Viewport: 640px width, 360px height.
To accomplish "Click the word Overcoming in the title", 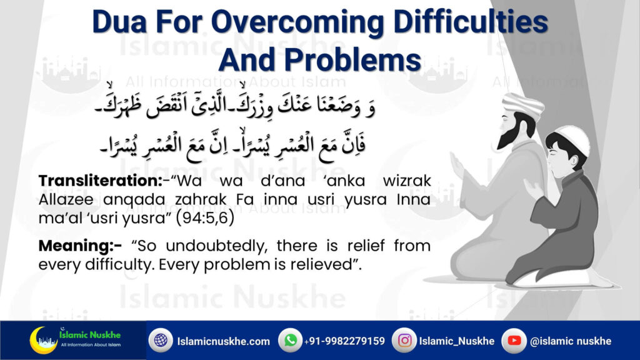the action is [x=297, y=22].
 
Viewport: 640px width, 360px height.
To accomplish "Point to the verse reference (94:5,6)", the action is [x=205, y=218].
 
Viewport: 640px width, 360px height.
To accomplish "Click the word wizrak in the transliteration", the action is [x=407, y=181].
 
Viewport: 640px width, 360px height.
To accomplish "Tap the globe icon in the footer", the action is [x=161, y=341].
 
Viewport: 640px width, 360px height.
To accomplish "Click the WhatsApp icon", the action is [x=290, y=341].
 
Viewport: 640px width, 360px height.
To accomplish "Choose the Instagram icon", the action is [x=404, y=341].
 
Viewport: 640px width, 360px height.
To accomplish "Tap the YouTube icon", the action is [x=514, y=341].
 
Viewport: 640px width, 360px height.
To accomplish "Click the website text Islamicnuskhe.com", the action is [x=224, y=341].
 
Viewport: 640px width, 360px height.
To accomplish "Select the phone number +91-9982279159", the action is [x=344, y=341].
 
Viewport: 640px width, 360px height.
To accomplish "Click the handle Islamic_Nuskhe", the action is [x=457, y=341].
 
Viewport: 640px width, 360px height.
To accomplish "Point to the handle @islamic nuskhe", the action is [x=571, y=341].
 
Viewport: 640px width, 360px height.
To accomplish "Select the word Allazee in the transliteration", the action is [x=66, y=199].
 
